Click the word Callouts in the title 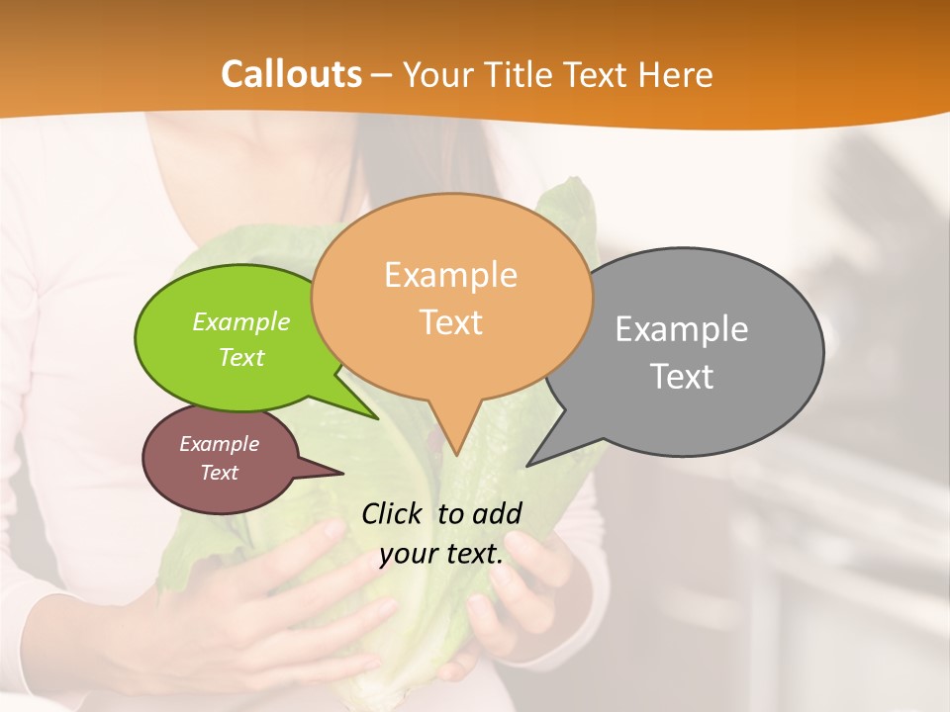tap(291, 74)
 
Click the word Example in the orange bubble tap(450, 275)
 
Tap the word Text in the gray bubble tap(682, 377)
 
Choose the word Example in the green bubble tap(241, 322)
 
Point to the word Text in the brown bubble tap(220, 473)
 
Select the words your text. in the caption tap(441, 554)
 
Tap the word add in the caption tap(497, 513)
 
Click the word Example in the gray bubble tap(682, 329)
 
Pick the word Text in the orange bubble tap(451, 322)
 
